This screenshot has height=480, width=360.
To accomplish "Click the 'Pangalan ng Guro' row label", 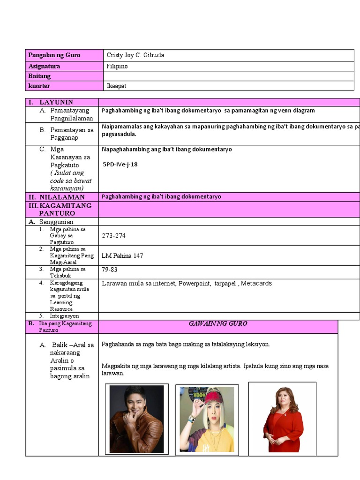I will [54, 55].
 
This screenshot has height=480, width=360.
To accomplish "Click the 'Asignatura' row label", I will [44, 66].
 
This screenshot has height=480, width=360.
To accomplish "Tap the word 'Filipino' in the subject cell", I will [117, 66].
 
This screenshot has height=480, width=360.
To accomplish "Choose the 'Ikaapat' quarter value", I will [116, 86].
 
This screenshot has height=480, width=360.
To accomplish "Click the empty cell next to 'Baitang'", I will [228, 76].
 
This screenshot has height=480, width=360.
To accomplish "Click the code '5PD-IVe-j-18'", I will [120, 165].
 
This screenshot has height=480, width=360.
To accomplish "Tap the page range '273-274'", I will [113, 235].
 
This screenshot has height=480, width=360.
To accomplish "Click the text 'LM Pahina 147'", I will [122, 255].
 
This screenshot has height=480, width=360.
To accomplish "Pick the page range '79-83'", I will [109, 270].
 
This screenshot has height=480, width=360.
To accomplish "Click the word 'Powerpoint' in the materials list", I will [194, 283].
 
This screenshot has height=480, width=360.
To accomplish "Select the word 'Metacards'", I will [256, 283].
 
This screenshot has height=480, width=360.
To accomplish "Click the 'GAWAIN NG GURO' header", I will [217, 323].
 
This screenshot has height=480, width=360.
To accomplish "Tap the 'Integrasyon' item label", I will [65, 316].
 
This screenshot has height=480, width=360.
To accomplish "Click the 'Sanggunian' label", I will [56, 221].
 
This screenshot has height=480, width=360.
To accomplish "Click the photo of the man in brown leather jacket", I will [136, 419].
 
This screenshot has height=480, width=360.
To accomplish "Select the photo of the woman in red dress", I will [282, 418].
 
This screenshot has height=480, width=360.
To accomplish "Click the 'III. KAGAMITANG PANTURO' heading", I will [61, 209].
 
